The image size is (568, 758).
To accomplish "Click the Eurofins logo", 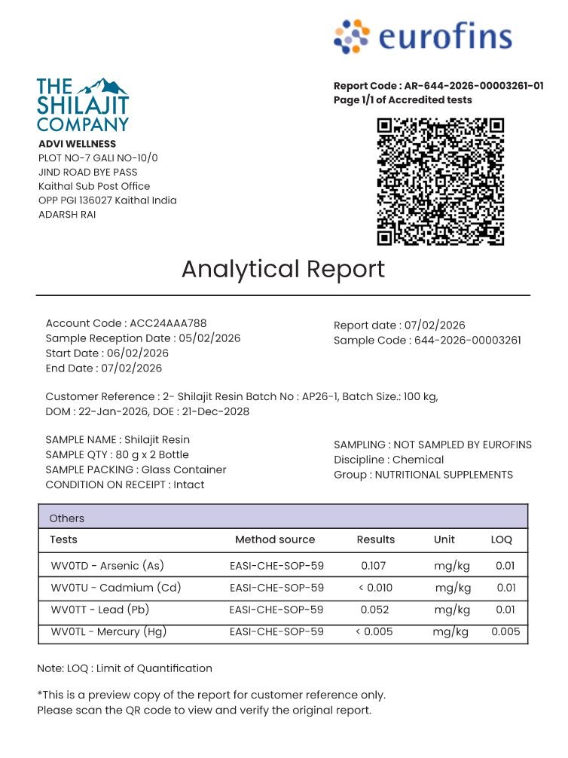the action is coord(423,37).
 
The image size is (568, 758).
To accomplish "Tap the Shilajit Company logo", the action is coord(83,105).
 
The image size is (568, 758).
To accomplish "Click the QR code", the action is coord(441,182).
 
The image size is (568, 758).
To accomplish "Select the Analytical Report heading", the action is coord(283,269).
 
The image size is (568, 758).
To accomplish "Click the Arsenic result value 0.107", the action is coord(374,565).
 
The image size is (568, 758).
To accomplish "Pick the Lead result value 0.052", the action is coord(374,610).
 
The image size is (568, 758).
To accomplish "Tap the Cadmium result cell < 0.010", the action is coord(374,588).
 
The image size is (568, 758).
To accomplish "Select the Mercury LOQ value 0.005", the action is coord(505,631).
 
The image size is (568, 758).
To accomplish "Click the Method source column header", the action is coord(275,539).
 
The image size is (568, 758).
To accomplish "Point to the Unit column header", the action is coord(444,539).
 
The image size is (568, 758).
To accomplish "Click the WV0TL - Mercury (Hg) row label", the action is coord(108,631).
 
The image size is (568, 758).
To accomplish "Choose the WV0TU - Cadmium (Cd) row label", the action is coord(115,588).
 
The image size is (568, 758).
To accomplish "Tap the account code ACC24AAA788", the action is coord(168,323).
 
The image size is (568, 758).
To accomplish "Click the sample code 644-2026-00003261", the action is coord(467,340).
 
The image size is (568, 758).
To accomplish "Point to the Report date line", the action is coord(399,326).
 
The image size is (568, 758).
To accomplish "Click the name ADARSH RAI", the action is coord(67,215).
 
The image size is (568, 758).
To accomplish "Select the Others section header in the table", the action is coord(67,518).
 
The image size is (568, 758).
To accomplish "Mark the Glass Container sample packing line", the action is coord(136,469).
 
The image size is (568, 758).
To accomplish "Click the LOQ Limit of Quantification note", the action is coord(124,668).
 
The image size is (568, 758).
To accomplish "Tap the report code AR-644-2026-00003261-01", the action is coord(473,86).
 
